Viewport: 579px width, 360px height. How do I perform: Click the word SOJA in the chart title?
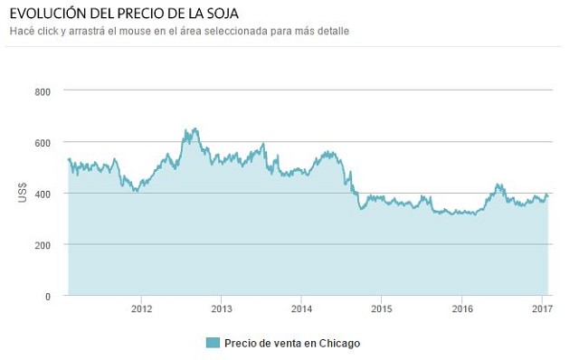coord(224,14)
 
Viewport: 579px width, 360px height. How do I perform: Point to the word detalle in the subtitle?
coord(332,31)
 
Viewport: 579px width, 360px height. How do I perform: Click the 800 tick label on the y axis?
coord(43,91)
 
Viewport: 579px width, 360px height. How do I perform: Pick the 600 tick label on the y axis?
coord(43,143)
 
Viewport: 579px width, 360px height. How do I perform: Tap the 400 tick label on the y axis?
coord(43,194)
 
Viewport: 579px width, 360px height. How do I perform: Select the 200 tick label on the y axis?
coord(43,245)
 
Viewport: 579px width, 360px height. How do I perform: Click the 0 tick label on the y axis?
coord(48,297)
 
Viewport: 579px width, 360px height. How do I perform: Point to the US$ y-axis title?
coord(23,193)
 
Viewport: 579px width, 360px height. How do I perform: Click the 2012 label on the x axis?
coord(141,308)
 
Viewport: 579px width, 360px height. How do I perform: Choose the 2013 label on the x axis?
coord(222,308)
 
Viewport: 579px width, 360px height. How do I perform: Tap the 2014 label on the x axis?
coord(301,308)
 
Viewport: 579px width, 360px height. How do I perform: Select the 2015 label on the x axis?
coord(382,308)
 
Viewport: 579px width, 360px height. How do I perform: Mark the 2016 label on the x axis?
coord(462,308)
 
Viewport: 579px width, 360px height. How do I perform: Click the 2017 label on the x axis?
coord(542,308)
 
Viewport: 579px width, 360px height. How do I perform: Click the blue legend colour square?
coord(213,343)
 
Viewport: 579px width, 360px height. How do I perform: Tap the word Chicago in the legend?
coord(339,344)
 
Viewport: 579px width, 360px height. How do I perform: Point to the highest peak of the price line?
coord(195,128)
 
